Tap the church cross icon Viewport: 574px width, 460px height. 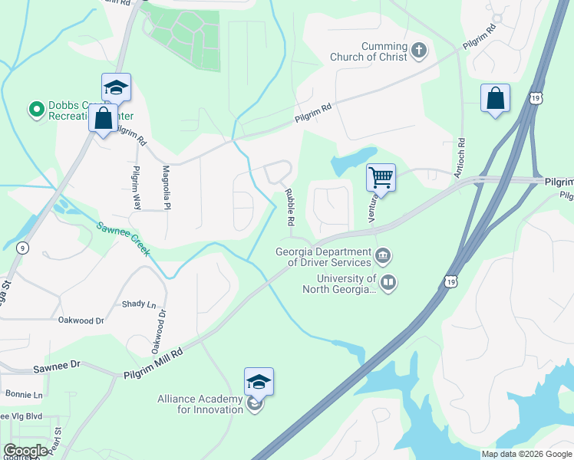(x=418, y=51)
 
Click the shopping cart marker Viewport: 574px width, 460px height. (x=381, y=178)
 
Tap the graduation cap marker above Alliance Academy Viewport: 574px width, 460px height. (x=259, y=382)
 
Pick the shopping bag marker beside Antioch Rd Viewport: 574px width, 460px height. (x=495, y=99)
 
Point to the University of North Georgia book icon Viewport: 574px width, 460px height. (x=389, y=284)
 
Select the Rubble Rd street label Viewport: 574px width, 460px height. (x=290, y=207)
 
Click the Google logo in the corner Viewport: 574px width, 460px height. (x=25, y=450)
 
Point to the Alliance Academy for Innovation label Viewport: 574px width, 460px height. (x=201, y=404)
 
